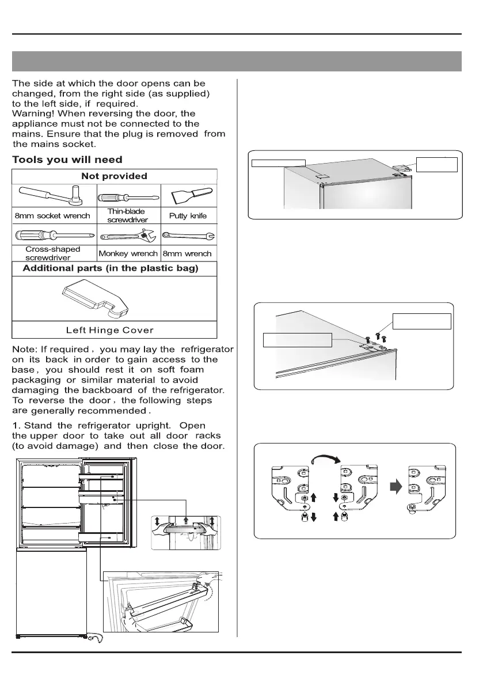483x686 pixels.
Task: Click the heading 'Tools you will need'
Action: coord(67,160)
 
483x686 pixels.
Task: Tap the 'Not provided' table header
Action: coord(114,176)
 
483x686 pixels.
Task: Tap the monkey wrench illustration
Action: coord(128,236)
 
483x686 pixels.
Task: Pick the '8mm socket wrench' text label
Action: coord(52,216)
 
